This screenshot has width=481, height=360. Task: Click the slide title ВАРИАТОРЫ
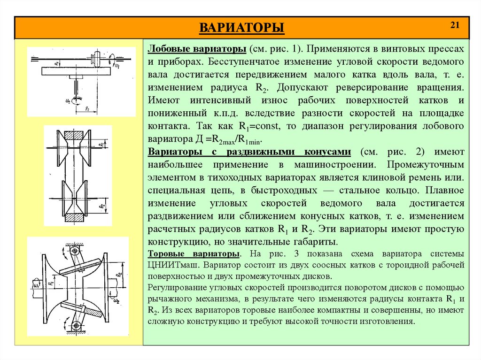[242, 28]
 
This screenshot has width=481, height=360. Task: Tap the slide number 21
[454, 25]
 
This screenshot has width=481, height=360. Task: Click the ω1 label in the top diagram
[116, 66]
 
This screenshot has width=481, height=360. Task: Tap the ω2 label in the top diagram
[68, 100]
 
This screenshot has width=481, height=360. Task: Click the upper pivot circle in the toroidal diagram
[74, 251]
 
